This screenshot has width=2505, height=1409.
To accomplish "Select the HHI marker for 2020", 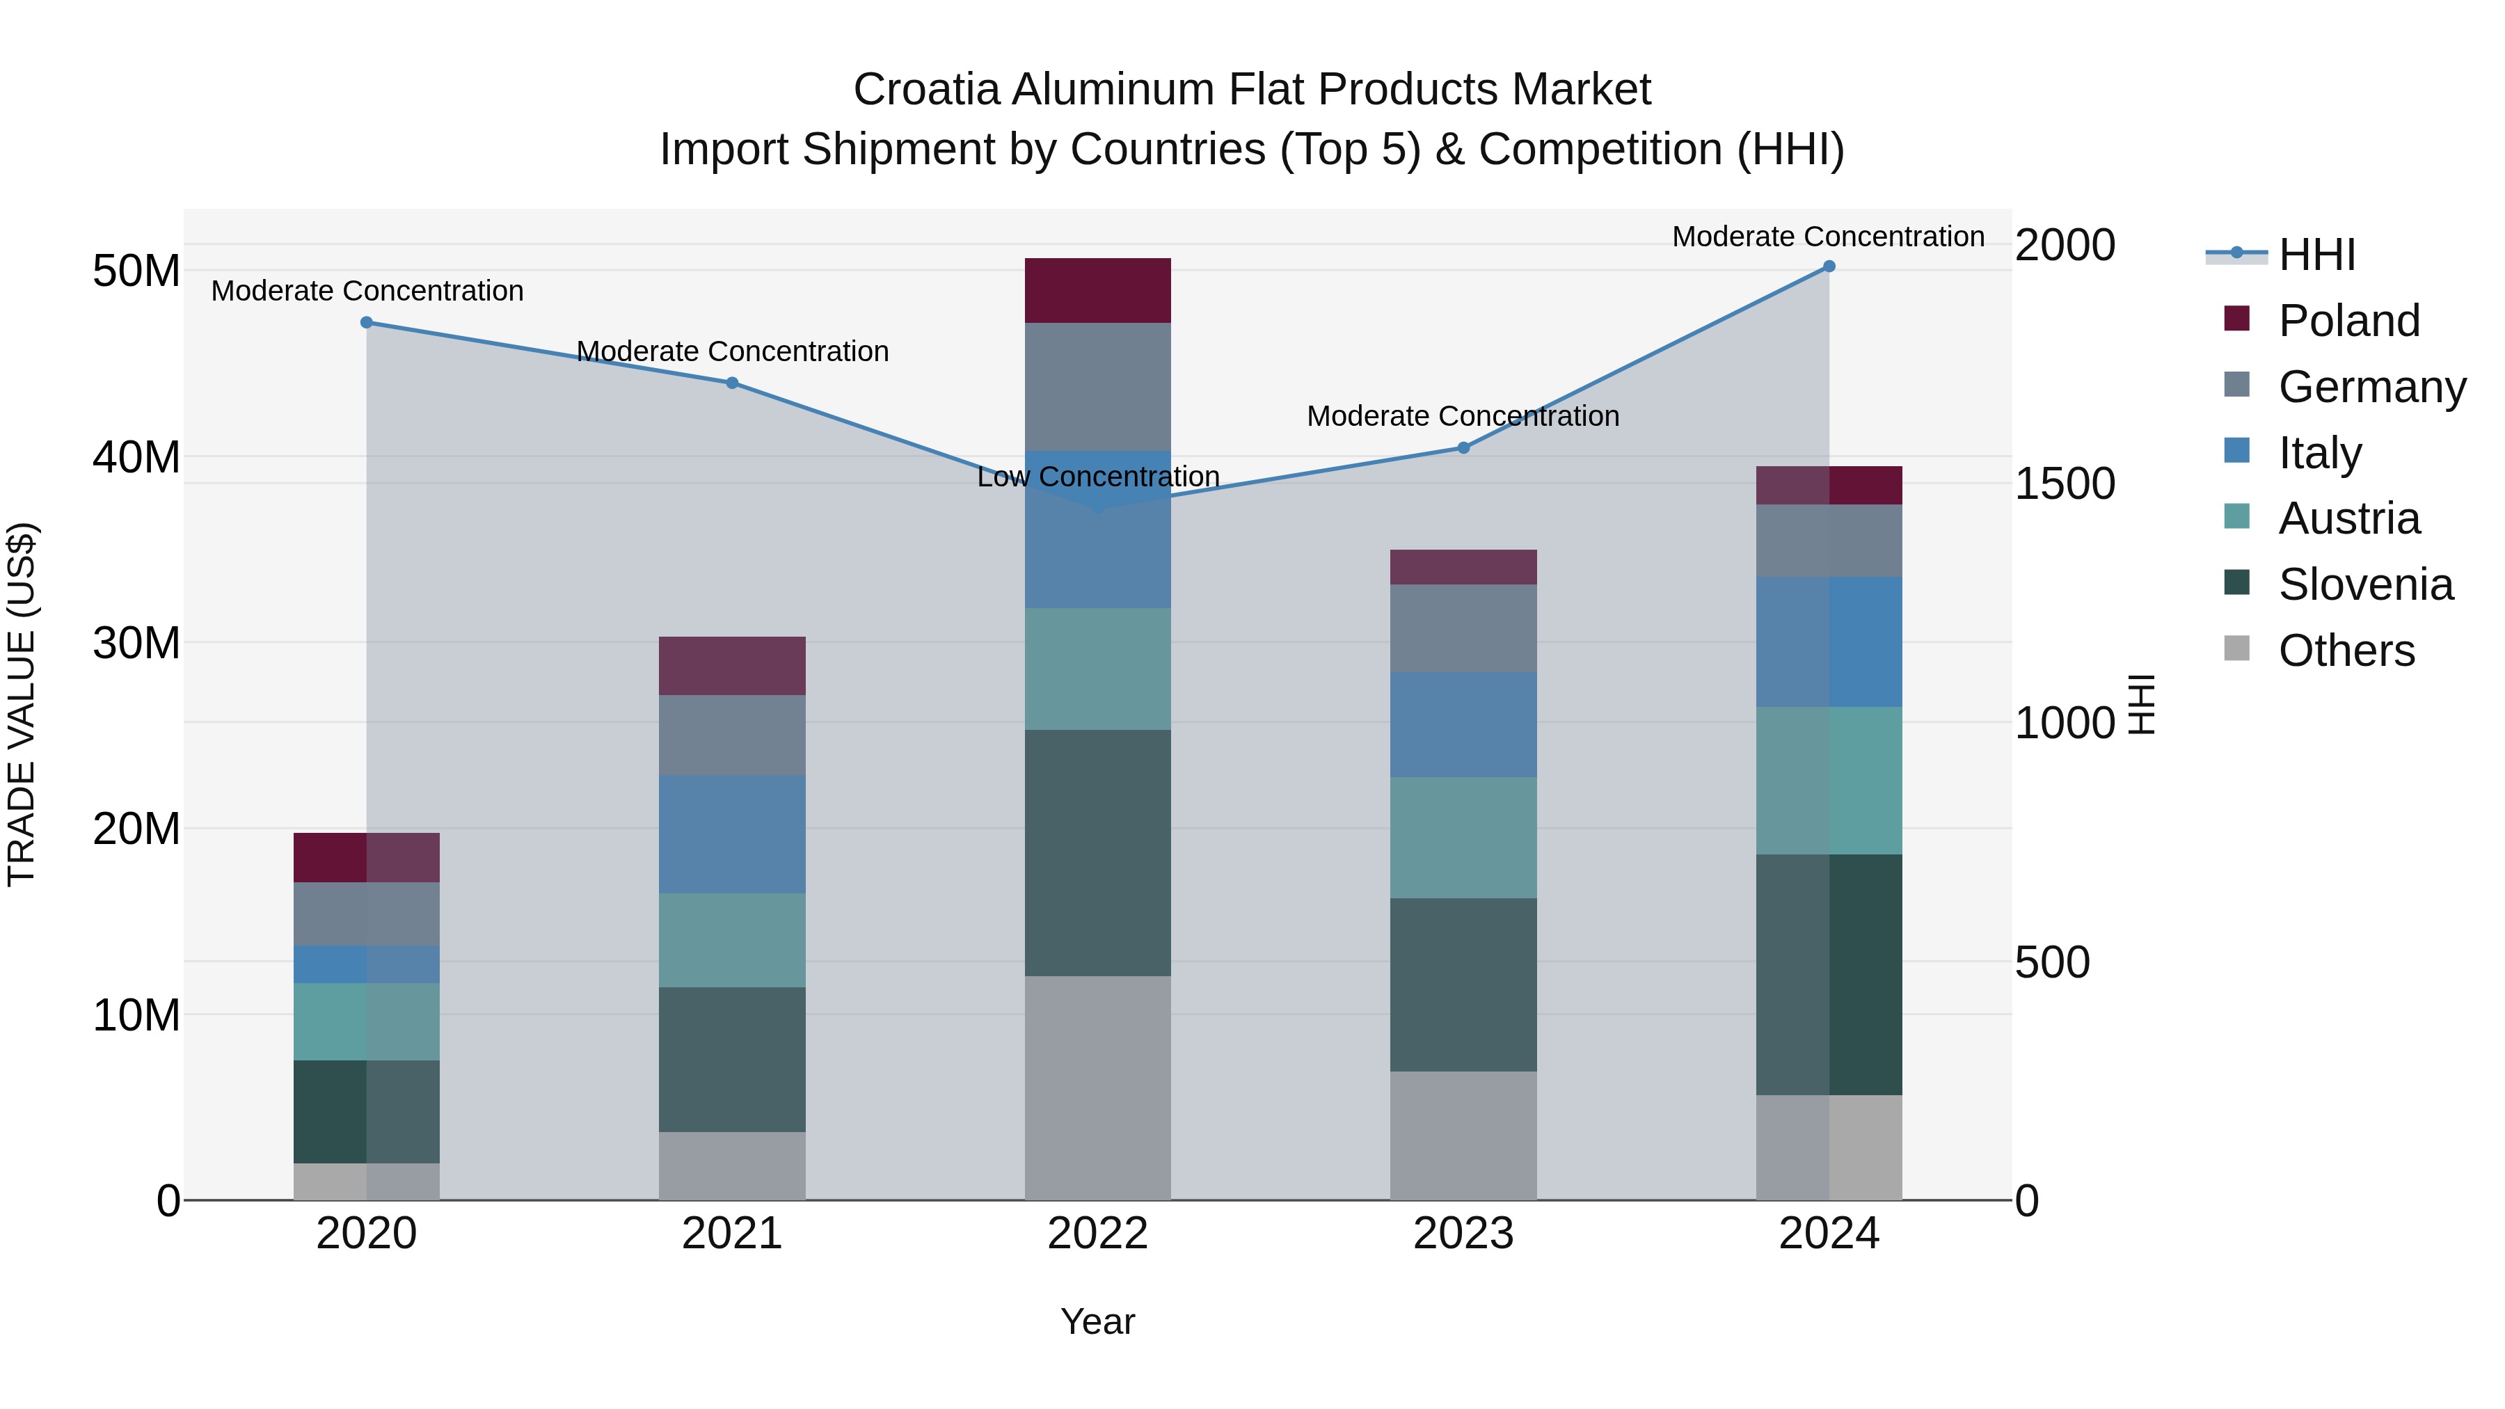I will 367,323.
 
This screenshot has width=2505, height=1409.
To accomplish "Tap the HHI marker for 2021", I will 732,383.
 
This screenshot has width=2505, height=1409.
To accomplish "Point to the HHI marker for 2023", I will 1463,448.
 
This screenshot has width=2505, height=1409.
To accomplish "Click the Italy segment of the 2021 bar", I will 732,834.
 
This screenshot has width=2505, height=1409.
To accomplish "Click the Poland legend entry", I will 2348,321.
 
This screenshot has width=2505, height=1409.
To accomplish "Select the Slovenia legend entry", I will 2365,584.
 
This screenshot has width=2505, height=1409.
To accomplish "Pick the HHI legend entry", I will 2316,255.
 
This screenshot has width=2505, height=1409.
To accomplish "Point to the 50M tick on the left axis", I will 136,271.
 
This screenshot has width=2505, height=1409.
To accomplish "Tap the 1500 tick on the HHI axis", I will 2064,484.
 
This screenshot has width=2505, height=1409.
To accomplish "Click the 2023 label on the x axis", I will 1463,1234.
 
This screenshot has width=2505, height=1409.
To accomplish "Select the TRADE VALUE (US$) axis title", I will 22,704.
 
